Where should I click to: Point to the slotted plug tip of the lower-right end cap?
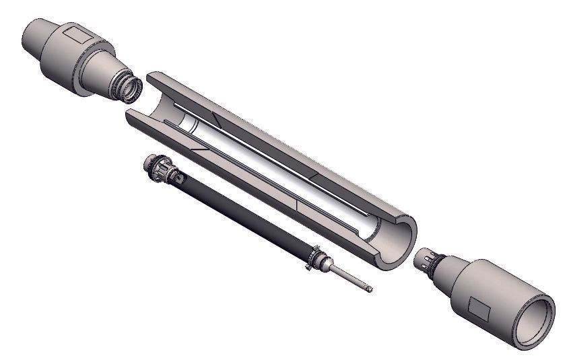[424, 261]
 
